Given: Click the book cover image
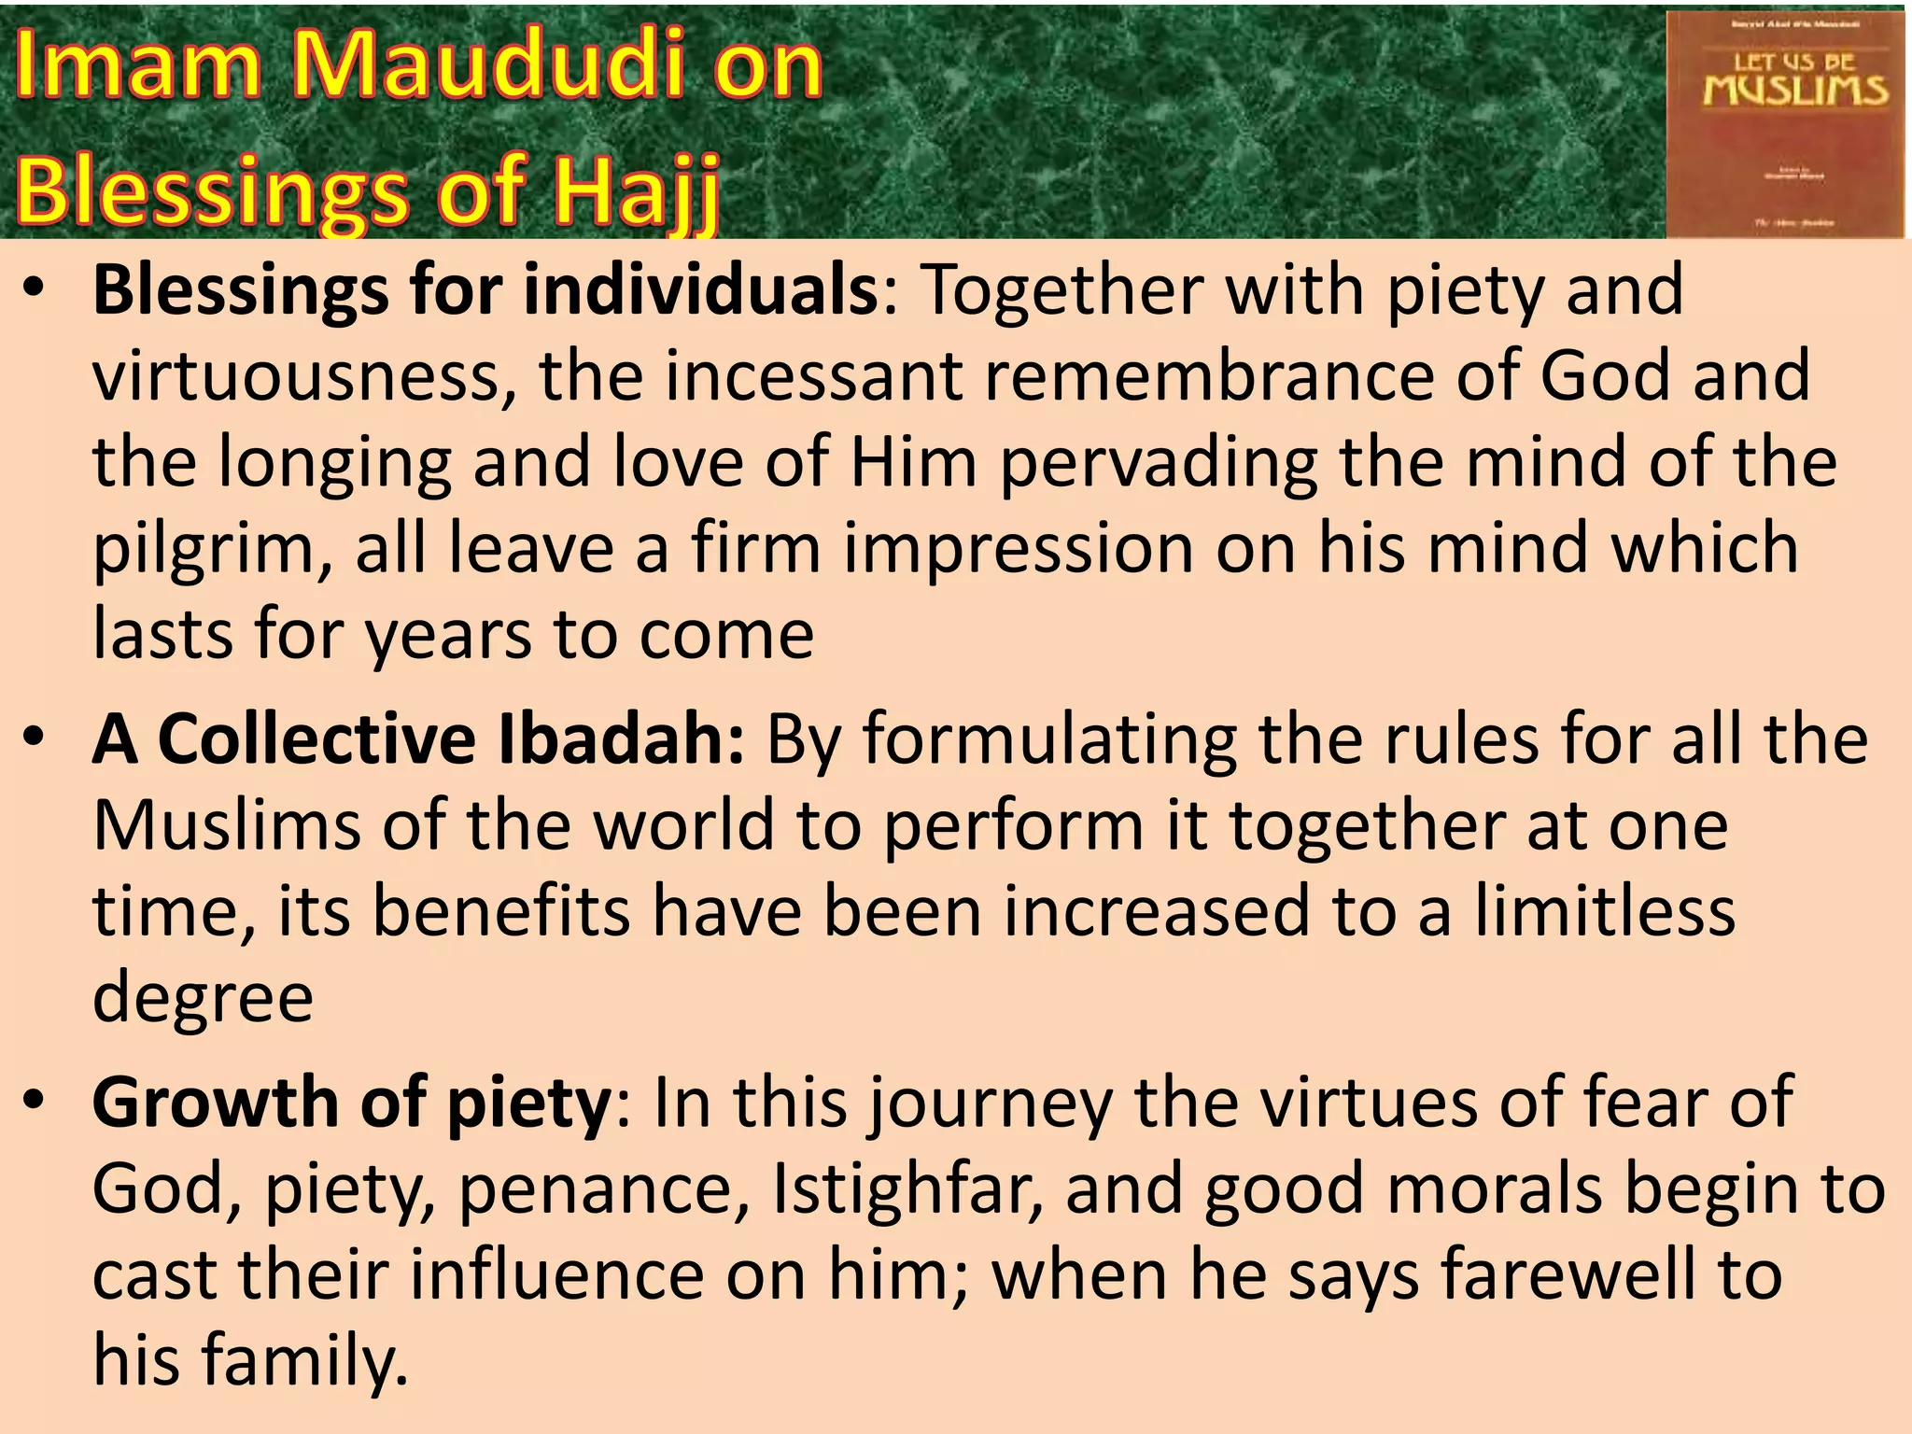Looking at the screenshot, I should (x=1784, y=123).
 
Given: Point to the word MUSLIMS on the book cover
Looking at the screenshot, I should (x=1794, y=91).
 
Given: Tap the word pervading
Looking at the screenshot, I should (x=1159, y=463).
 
